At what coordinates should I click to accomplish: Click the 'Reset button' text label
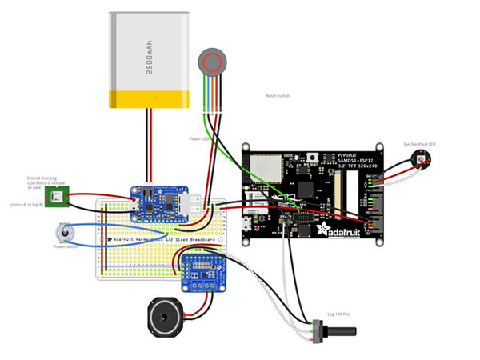click(x=278, y=95)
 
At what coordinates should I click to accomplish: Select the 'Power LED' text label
click(x=200, y=138)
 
